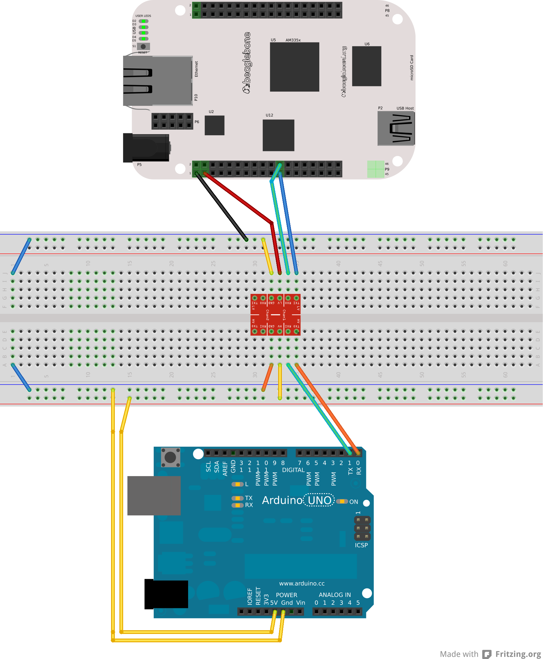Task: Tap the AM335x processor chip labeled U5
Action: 294,67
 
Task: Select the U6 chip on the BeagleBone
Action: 366,66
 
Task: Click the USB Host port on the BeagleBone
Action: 396,128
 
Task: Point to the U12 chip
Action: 278,135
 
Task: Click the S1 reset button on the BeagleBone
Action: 143,46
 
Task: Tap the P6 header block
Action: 172,121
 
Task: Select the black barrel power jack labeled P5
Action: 146,148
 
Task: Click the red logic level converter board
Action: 275,315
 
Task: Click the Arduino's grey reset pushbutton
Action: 170,457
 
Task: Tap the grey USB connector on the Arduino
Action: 154,495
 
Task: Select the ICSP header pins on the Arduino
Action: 362,528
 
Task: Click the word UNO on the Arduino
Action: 319,500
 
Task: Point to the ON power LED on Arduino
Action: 342,501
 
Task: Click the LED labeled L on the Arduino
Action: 237,484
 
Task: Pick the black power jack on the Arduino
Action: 166,594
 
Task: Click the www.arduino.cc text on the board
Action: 302,583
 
